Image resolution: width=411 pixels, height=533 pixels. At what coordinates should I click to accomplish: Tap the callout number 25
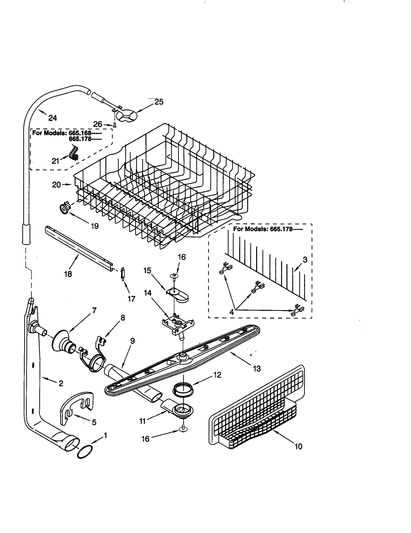159,102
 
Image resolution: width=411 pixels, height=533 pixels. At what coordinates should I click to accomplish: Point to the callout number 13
257,369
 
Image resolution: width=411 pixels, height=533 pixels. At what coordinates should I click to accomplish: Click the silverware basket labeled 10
257,411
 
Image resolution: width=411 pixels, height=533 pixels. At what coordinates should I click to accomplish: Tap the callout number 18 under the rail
68,274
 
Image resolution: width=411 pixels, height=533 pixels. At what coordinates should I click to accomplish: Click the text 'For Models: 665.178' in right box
267,229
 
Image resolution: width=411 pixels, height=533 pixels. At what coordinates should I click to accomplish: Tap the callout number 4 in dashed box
231,312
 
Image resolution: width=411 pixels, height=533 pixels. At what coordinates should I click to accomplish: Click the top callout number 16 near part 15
182,257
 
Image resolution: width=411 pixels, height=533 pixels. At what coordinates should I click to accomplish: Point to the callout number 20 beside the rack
57,184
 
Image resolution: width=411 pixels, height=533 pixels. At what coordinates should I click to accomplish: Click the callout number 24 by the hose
52,118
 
